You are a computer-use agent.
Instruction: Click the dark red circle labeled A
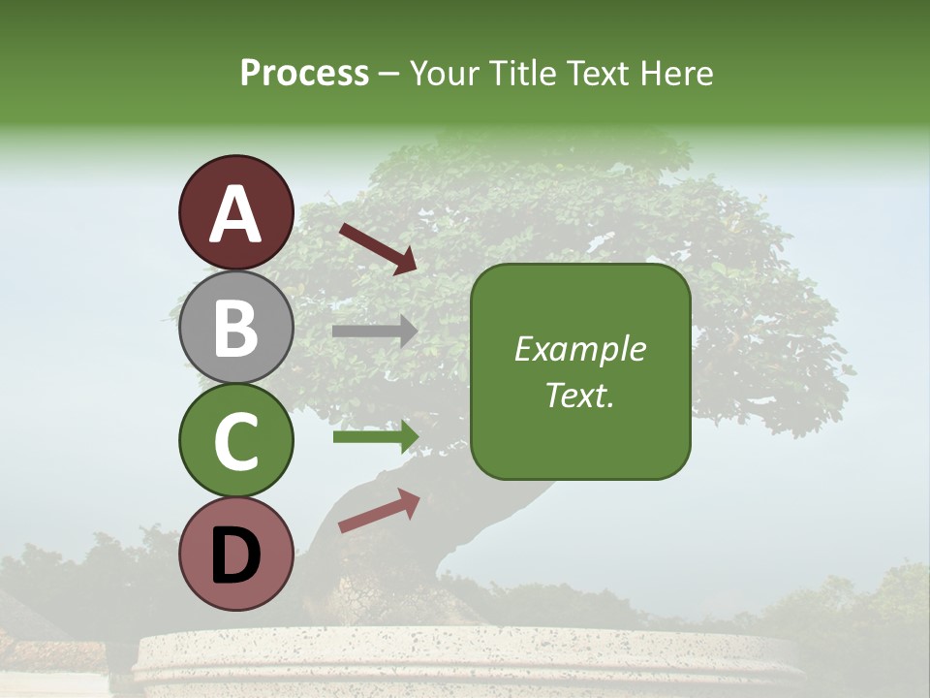(235, 212)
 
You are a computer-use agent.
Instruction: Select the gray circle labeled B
(235, 327)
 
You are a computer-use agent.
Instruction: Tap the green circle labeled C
(235, 440)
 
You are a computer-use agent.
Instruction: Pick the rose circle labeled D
(235, 554)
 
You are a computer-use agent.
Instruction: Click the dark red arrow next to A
(379, 248)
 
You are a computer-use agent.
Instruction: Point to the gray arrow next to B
(375, 331)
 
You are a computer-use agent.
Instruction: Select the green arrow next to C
(376, 437)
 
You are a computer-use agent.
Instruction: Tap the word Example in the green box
(580, 349)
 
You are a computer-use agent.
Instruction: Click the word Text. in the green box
(580, 396)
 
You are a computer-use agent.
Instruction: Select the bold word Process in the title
(304, 73)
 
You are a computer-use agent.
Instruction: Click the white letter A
(236, 214)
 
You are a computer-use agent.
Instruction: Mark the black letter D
(236, 555)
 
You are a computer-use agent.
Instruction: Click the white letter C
(236, 442)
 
